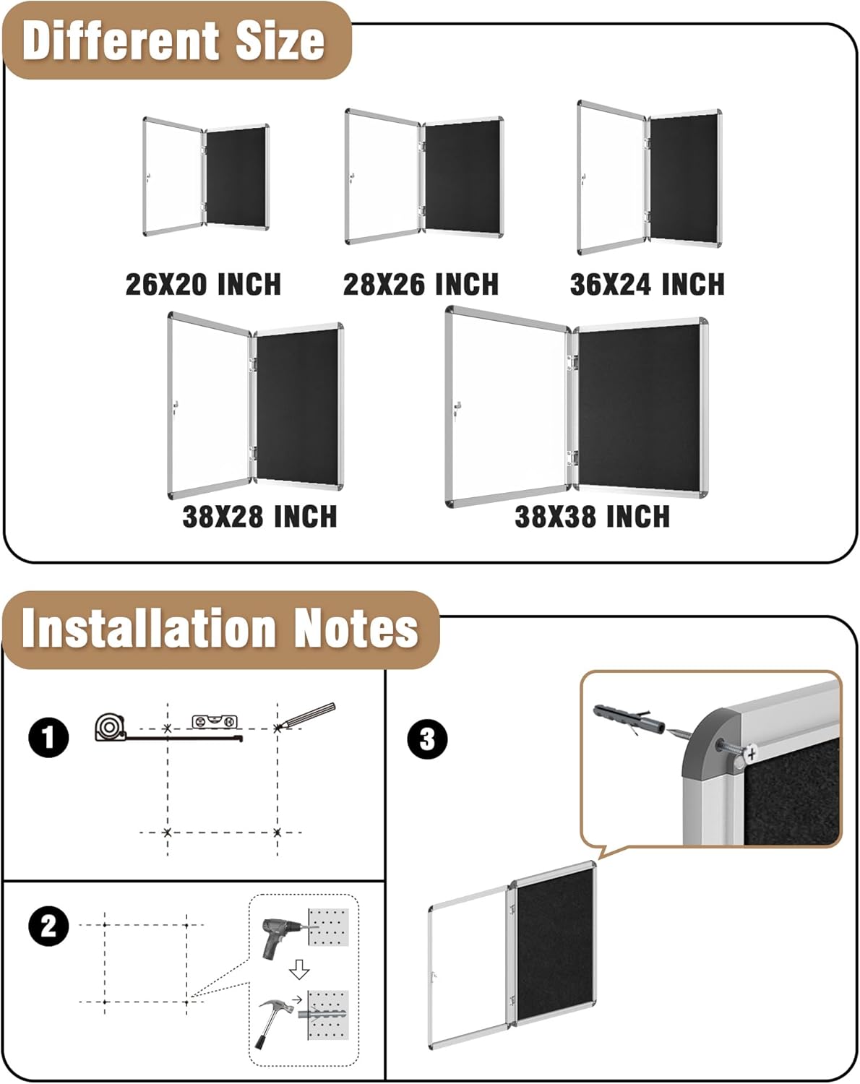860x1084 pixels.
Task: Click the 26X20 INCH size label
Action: [x=203, y=284]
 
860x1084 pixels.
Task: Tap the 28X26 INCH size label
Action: [x=421, y=284]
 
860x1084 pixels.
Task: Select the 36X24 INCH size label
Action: [x=647, y=284]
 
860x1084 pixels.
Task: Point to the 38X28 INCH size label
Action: [x=259, y=517]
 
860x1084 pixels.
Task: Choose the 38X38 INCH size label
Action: [x=592, y=517]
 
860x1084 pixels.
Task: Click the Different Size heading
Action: [x=173, y=40]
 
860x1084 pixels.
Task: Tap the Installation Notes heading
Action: [x=220, y=628]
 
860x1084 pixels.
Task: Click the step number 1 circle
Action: [x=48, y=738]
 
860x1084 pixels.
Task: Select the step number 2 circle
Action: [x=48, y=926]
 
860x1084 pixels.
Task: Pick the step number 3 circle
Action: [x=427, y=739]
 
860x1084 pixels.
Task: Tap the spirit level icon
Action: [x=215, y=720]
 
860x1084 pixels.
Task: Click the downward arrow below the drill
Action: [x=298, y=969]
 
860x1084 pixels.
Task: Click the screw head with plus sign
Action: [x=752, y=754]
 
